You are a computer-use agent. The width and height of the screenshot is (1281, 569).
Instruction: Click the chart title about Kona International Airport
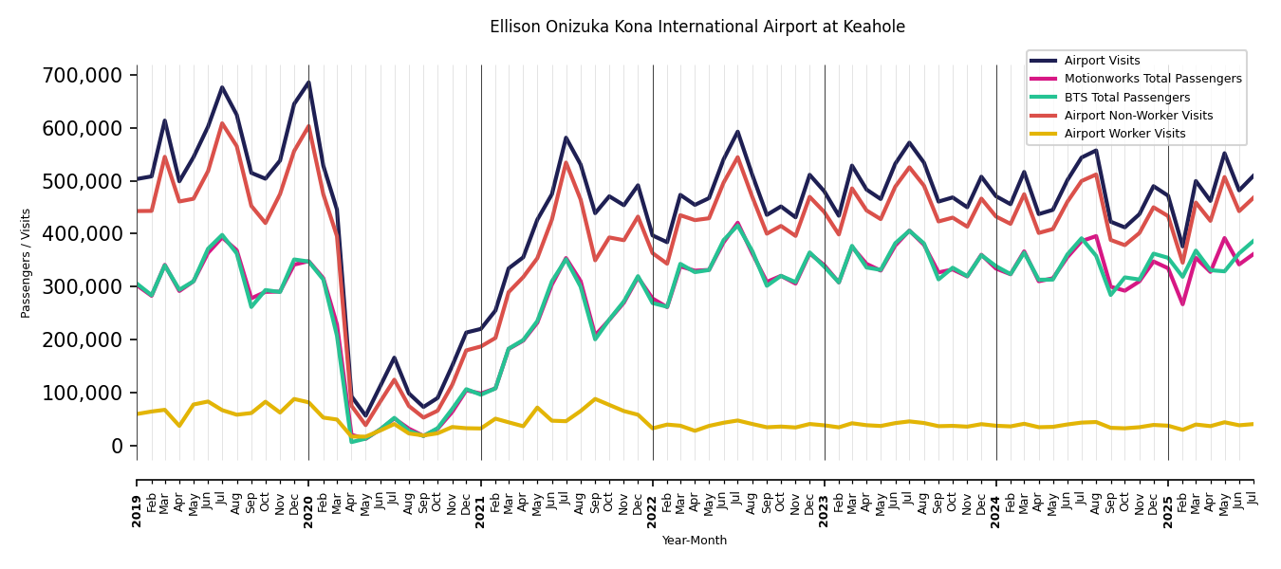click(x=697, y=28)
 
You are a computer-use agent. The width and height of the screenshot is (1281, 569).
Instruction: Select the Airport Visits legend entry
click(x=1102, y=61)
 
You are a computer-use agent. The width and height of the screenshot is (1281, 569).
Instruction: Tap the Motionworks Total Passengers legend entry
click(x=1152, y=79)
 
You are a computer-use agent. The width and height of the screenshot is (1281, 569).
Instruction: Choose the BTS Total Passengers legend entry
click(x=1126, y=98)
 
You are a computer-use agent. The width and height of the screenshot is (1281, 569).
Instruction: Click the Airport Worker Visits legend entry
click(x=1124, y=134)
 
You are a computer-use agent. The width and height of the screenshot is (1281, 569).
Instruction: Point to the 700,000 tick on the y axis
click(x=84, y=75)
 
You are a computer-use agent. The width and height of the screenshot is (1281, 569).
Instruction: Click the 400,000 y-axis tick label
click(x=84, y=233)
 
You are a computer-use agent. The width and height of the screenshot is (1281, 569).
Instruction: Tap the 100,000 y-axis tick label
click(x=84, y=393)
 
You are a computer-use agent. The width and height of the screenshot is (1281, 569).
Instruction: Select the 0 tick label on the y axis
click(x=119, y=446)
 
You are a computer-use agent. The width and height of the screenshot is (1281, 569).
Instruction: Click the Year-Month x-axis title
click(x=695, y=541)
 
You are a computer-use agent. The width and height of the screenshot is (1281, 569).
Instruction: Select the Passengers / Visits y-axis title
click(x=27, y=263)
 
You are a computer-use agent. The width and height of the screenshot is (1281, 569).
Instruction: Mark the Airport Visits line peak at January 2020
click(x=308, y=83)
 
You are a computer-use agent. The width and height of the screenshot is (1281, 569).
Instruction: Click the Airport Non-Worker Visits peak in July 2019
click(x=222, y=123)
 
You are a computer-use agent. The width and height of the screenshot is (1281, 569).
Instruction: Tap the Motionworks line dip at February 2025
click(x=1182, y=304)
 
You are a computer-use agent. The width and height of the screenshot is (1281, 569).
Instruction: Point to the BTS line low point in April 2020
click(x=351, y=442)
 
